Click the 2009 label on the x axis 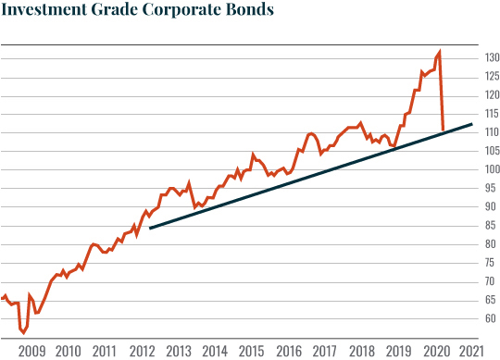tap(32, 352)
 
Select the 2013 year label tap(179, 352)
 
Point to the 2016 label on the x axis tap(288, 352)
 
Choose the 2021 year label tap(470, 352)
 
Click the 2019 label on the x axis tap(397, 352)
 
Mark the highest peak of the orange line tap(439, 51)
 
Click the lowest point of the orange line tap(23, 333)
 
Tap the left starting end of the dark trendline tap(150, 228)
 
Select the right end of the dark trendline tap(472, 124)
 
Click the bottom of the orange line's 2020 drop tap(444, 130)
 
